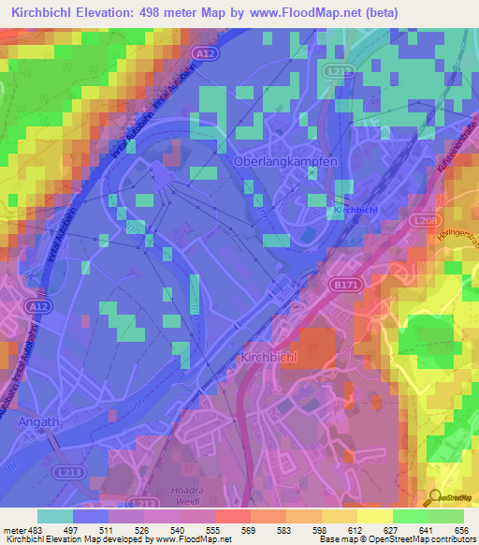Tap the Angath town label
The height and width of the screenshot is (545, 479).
[x=38, y=422]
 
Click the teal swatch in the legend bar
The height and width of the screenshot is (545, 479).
[x=55, y=516]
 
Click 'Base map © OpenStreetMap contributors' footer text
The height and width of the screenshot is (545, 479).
[x=394, y=538]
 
